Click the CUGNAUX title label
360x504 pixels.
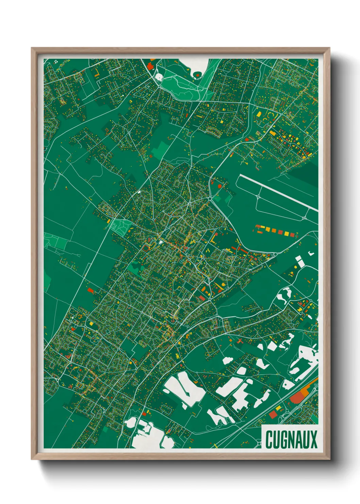coord(291,439)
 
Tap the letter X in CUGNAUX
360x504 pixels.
coord(313,439)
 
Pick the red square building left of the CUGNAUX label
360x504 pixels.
coord(273,414)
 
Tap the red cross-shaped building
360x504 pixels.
coord(240,341)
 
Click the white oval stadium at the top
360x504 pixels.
coord(159,77)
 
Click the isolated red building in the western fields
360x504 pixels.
coord(90,290)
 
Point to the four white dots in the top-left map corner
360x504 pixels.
coord(56,62)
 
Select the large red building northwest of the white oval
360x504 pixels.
coord(150,66)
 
